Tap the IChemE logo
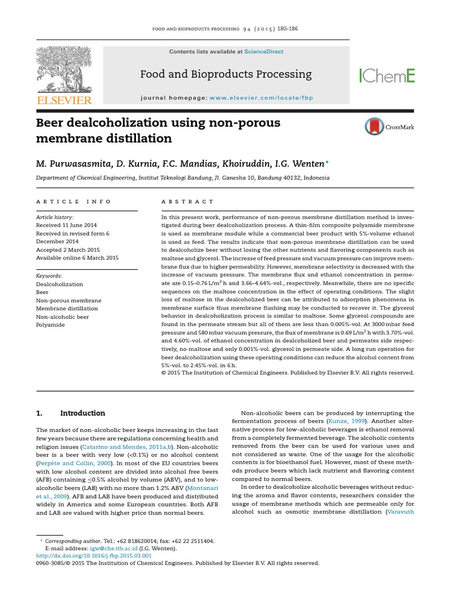[387, 75]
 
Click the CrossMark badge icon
[374, 127]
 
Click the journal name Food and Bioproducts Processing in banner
[225, 75]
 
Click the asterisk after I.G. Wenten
[311, 161]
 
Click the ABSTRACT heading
[187, 202]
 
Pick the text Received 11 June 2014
[66, 225]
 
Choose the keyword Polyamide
[50, 325]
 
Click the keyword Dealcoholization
[60, 283]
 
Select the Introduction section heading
[83, 414]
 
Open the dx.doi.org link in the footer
[94, 556]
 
